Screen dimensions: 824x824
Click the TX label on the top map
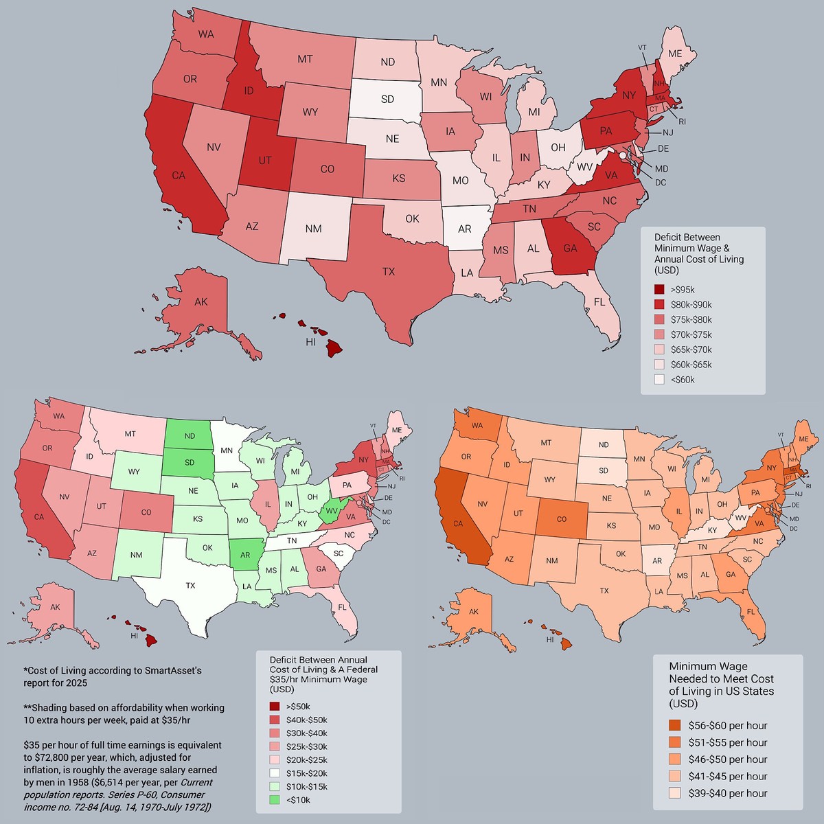(x=389, y=272)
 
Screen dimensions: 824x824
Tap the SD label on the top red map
(x=387, y=99)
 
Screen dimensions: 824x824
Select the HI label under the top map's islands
(x=310, y=341)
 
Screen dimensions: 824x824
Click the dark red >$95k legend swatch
(x=659, y=290)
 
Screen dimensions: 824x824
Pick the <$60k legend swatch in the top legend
(x=659, y=379)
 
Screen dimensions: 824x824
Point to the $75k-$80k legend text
(x=691, y=319)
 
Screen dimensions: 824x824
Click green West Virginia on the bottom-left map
(x=332, y=510)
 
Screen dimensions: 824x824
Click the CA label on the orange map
(x=458, y=523)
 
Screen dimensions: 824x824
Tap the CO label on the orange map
(x=562, y=519)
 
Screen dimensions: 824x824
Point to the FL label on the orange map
(x=751, y=613)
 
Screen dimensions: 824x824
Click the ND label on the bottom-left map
(x=190, y=436)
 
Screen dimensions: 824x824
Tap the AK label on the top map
(x=201, y=302)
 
